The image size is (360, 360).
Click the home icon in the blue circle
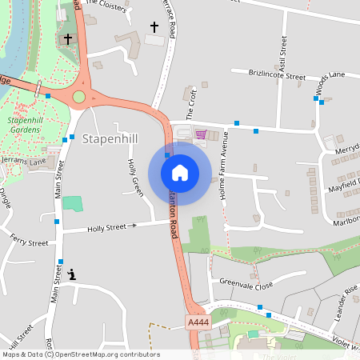coord(180,173)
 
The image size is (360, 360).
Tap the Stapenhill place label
coord(110,139)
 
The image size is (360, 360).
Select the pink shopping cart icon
coord(201,134)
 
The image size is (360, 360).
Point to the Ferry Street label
coord(29,240)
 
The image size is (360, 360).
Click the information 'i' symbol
coord(73,274)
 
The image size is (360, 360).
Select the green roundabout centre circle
coord(78,97)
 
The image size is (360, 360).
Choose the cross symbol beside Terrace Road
coord(154,27)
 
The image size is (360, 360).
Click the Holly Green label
coord(135,177)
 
